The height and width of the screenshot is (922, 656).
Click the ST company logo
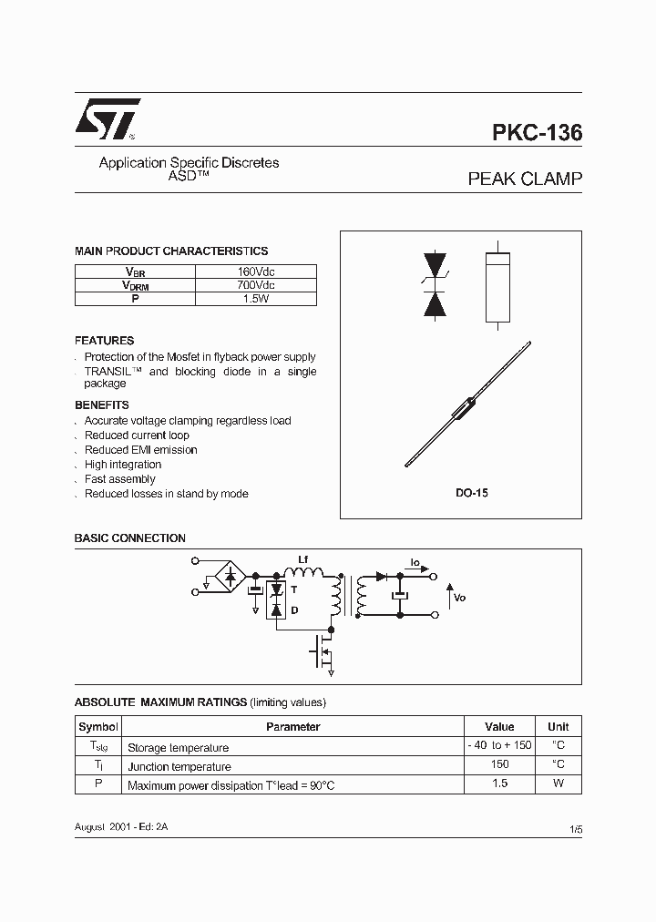107,119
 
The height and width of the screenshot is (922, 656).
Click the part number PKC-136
537,133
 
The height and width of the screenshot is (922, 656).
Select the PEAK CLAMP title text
524,179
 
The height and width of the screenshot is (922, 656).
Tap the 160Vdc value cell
256,271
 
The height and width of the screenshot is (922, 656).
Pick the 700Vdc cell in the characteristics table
256,285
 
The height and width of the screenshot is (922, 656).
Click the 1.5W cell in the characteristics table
256,299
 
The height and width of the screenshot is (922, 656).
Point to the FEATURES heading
104,341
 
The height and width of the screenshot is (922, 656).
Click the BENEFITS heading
101,405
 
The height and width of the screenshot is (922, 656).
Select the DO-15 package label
472,493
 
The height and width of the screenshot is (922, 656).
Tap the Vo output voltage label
459,598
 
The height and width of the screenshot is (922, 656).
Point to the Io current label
415,563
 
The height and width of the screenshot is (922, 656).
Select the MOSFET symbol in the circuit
323,651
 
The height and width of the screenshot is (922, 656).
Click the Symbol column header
98,727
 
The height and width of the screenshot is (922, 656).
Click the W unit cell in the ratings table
558,784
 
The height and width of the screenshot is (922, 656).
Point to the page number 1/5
575,829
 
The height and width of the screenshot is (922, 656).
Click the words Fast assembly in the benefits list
119,479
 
